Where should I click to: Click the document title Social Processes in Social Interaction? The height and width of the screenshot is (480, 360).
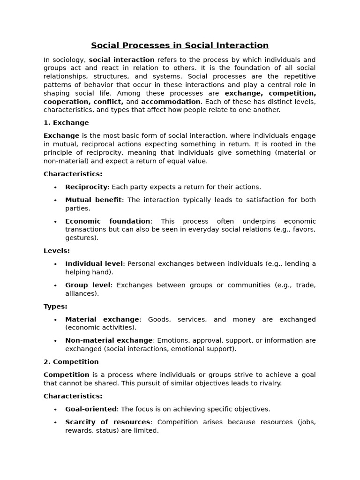(x=180, y=45)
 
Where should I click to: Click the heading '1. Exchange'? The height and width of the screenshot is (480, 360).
(x=66, y=123)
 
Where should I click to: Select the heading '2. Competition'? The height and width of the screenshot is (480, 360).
(x=71, y=362)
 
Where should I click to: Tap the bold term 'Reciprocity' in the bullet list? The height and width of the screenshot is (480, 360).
(x=86, y=187)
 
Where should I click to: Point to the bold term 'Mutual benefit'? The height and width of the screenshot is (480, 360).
(x=93, y=200)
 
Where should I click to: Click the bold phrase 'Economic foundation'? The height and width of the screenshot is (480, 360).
(x=108, y=221)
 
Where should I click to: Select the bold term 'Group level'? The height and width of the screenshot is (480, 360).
(x=88, y=285)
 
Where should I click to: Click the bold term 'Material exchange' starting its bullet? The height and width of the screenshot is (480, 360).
(x=102, y=319)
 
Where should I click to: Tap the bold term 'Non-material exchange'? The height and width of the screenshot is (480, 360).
(x=109, y=340)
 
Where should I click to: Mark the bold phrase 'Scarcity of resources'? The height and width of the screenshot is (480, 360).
(x=108, y=422)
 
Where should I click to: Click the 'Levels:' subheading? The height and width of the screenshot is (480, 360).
(x=57, y=251)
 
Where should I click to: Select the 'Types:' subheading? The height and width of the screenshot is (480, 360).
(x=55, y=307)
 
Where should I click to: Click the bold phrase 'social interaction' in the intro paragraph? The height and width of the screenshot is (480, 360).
(x=121, y=60)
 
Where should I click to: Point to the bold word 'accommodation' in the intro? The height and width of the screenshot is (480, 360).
(x=171, y=102)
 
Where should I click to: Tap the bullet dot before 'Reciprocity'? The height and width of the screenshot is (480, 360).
(x=55, y=187)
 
